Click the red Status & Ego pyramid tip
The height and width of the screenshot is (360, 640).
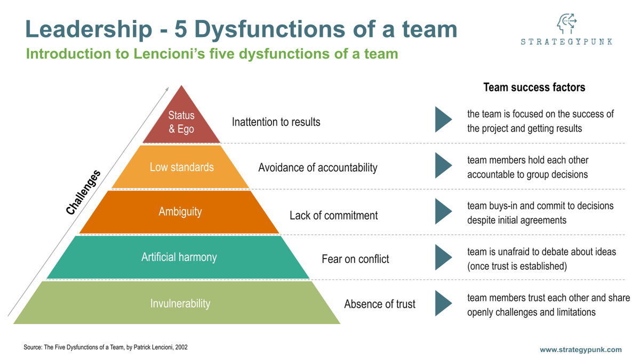point(181,122)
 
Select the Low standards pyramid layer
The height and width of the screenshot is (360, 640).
point(181,167)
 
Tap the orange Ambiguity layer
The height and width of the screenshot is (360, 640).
point(180,212)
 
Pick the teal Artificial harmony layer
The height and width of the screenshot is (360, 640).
point(179,257)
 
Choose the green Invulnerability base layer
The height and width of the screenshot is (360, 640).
point(180,303)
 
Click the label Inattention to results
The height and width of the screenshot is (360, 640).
point(276,122)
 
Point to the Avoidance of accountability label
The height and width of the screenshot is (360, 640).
point(317,167)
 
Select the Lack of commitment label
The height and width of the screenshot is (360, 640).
point(333,215)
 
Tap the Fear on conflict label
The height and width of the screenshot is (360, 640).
point(355,259)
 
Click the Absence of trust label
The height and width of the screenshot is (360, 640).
point(379,304)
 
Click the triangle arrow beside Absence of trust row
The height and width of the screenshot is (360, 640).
point(443,303)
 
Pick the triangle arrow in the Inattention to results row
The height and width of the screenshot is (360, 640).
point(443,119)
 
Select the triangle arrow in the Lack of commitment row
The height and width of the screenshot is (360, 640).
point(443,211)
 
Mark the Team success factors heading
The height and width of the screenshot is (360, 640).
point(534,87)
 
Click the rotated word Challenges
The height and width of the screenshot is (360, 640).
point(83,193)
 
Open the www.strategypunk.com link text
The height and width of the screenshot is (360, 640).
point(580,350)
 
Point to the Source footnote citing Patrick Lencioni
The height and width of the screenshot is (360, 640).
point(106,347)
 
